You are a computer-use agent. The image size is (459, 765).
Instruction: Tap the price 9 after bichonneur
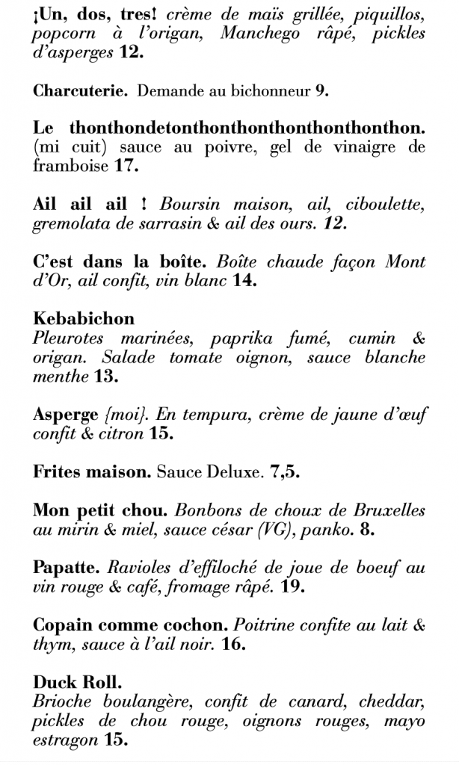coord(321,91)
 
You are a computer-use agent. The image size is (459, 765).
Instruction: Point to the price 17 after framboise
coord(127,166)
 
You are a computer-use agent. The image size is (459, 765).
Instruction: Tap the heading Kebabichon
coord(84,319)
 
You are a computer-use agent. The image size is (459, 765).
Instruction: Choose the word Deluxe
coord(229,472)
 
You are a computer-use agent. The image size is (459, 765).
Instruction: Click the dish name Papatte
coord(62,568)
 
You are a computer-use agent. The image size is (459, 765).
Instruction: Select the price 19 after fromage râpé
coord(294,587)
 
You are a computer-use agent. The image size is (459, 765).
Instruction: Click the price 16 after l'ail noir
coord(233,645)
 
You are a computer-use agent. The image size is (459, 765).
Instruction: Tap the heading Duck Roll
coord(78,682)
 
